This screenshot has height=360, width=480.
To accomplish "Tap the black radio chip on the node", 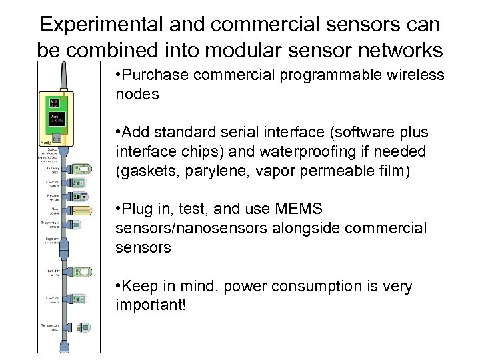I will (54, 102).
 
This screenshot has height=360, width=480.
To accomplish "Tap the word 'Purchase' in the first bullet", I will (155, 75).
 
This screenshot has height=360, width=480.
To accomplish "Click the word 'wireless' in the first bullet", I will (412, 75).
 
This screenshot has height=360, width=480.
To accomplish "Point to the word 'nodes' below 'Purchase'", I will (137, 94).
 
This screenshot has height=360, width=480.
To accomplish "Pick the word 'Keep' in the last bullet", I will (141, 287).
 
